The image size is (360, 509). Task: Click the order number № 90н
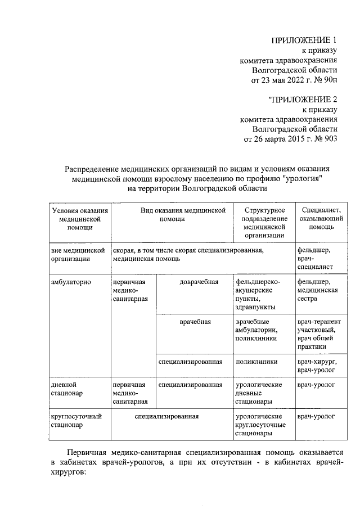[325, 80]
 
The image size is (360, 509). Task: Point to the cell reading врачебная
[195, 322]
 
